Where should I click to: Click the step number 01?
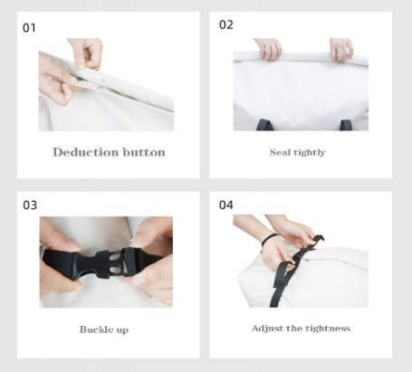click(29, 28)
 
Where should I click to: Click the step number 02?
click(226, 24)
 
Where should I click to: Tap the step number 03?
click(30, 205)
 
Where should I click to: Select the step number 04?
click(226, 205)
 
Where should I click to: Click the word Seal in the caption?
click(279, 152)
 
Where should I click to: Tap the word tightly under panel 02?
click(308, 153)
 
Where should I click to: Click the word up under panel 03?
click(121, 330)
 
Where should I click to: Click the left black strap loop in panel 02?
click(264, 125)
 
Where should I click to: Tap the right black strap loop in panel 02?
click(346, 125)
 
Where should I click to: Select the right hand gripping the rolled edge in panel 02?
click(341, 50)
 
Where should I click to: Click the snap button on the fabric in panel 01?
click(103, 81)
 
